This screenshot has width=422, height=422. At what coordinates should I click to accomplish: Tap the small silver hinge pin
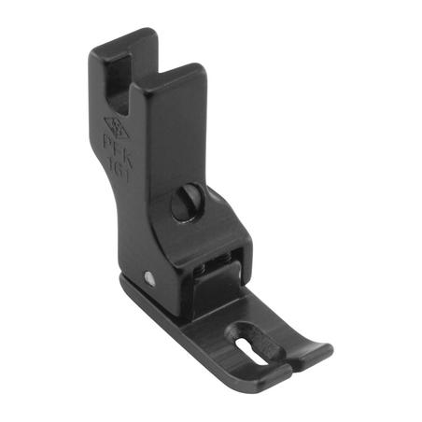pos(149,275)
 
